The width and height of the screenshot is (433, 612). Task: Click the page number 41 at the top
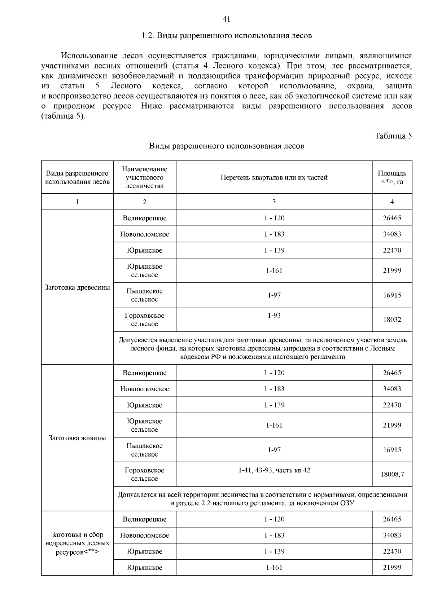[x=227, y=19]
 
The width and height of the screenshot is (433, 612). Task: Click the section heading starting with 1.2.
[x=227, y=36]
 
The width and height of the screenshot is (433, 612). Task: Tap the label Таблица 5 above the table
[x=393, y=136]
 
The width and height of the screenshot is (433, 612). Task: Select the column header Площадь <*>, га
[x=392, y=177]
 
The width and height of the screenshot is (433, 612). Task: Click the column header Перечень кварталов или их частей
[x=274, y=177]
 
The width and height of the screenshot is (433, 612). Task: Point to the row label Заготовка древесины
[x=77, y=287]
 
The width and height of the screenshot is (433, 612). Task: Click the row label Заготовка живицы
[x=77, y=438]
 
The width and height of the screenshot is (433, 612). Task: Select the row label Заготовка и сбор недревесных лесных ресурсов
[x=77, y=543]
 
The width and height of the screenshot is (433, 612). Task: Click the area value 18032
[x=392, y=320]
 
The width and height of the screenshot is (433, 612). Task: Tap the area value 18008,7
[x=392, y=474]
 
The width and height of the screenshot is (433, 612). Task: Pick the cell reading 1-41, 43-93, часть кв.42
[x=274, y=470]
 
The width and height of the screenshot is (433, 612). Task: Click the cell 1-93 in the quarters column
[x=274, y=316]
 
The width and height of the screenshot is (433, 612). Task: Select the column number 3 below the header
[x=274, y=202]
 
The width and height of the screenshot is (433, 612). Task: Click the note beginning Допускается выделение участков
[x=262, y=348]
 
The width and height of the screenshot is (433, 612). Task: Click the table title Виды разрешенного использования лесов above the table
[x=227, y=146]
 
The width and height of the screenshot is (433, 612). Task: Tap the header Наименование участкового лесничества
[x=144, y=177]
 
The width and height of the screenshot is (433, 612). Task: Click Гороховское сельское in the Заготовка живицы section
[x=144, y=474]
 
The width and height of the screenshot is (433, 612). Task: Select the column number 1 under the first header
[x=77, y=202]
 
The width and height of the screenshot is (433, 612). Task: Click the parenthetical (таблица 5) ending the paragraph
[x=63, y=116]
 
